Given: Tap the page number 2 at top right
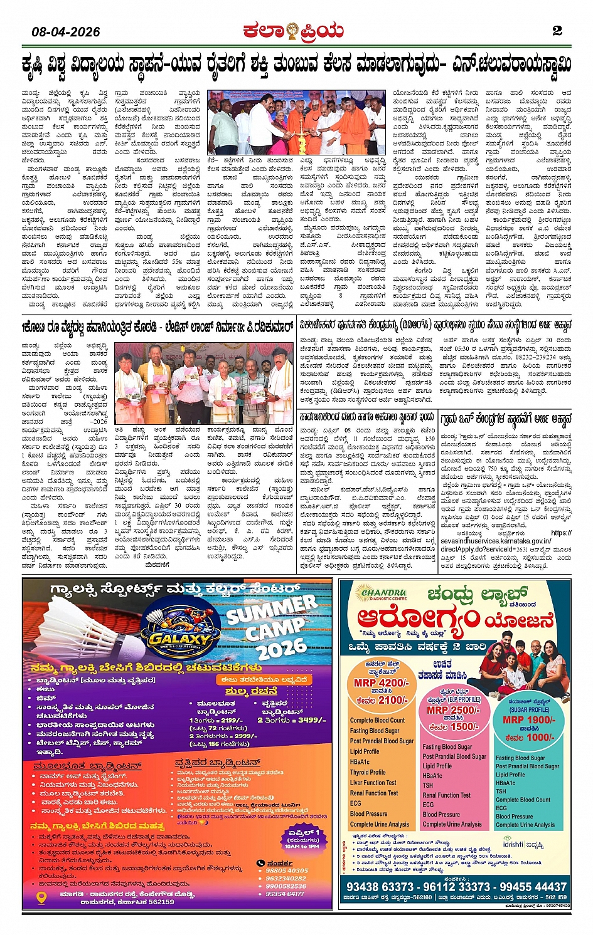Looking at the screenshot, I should pyautogui.click(x=557, y=31).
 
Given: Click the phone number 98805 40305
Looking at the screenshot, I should pyautogui.click(x=287, y=870).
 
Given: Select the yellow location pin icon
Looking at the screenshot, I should pyautogui.click(x=42, y=897).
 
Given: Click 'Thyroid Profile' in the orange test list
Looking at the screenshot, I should pyautogui.click(x=368, y=772).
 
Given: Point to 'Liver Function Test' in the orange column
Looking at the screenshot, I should pyautogui.click(x=373, y=783).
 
